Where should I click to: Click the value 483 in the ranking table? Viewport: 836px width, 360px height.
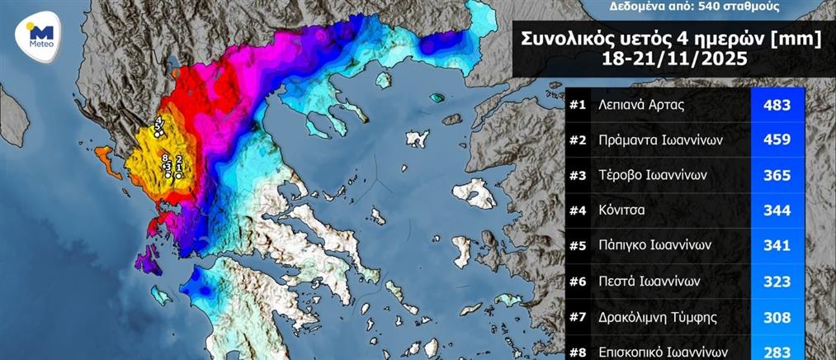(777, 105)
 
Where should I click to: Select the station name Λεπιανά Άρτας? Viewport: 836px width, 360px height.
(640, 105)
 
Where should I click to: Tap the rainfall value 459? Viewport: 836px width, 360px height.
(777, 140)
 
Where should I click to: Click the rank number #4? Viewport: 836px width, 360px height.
(579, 211)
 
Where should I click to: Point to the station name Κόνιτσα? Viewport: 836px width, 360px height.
(623, 211)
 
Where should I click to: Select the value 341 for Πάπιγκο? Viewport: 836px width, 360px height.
(777, 245)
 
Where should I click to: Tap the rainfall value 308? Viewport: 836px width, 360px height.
(777, 315)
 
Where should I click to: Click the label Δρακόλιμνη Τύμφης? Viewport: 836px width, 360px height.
(656, 315)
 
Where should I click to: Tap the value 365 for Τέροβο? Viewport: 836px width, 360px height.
(777, 175)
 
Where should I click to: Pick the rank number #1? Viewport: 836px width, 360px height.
(579, 105)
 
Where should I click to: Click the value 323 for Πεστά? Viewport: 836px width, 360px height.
(777, 281)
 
